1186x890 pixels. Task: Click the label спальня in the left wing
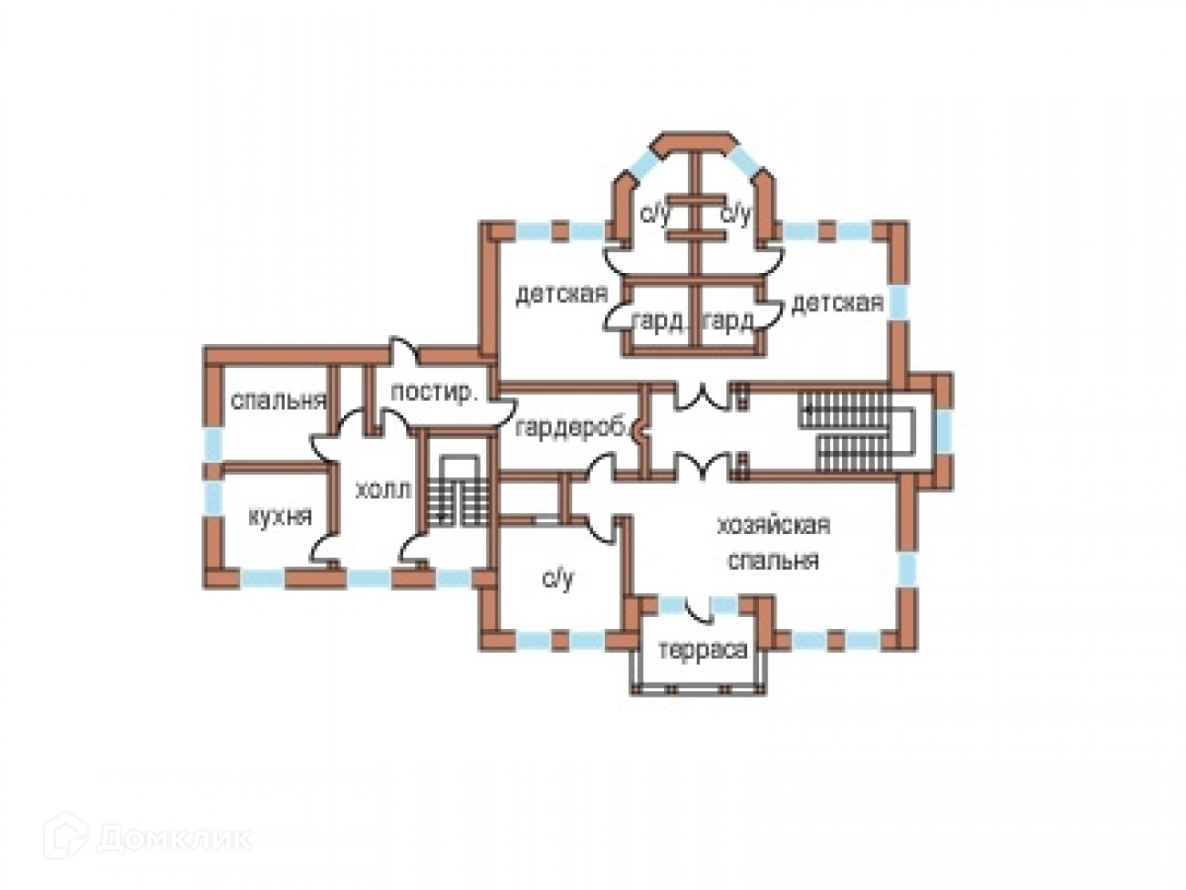click(x=278, y=402)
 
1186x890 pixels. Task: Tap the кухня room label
click(x=280, y=517)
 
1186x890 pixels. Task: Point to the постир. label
click(x=433, y=393)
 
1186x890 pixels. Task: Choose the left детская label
click(x=561, y=295)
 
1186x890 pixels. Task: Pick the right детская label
click(x=837, y=302)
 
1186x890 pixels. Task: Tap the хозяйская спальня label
click(x=773, y=542)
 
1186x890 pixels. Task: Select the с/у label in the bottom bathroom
click(x=557, y=578)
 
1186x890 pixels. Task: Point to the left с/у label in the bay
click(x=654, y=215)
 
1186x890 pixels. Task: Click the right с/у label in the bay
click(x=735, y=215)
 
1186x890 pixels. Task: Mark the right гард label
click(x=729, y=321)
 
